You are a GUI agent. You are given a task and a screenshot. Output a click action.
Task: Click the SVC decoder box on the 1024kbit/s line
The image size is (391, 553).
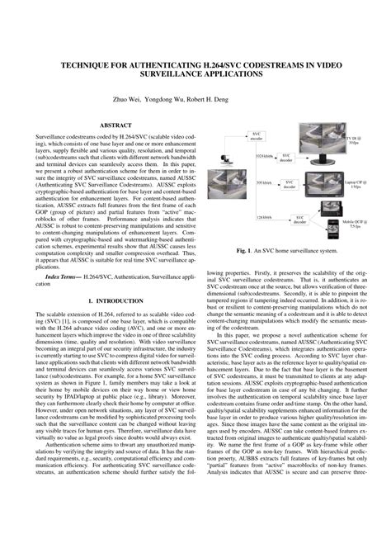coord(286,156)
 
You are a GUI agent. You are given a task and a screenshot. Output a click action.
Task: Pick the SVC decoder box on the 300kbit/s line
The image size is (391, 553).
coord(286,182)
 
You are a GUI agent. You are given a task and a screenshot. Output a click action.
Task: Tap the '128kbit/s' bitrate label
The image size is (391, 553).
coord(264,216)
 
